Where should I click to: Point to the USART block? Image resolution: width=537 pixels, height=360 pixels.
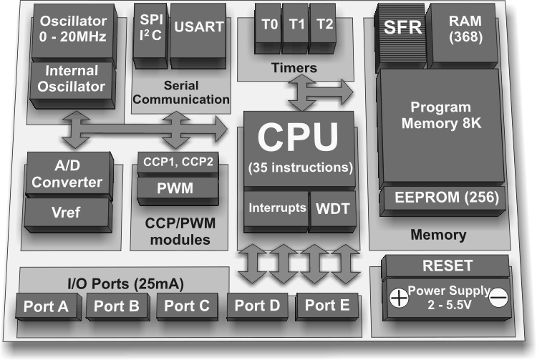pos(198,26)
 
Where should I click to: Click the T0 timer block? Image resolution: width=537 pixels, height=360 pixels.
pos(269,24)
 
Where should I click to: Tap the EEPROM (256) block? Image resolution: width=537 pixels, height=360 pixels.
pos(442,197)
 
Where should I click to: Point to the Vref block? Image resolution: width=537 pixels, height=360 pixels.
pos(67,213)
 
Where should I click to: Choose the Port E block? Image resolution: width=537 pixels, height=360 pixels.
pos(327,305)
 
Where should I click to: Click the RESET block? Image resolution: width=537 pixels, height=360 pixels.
pos(448,266)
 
